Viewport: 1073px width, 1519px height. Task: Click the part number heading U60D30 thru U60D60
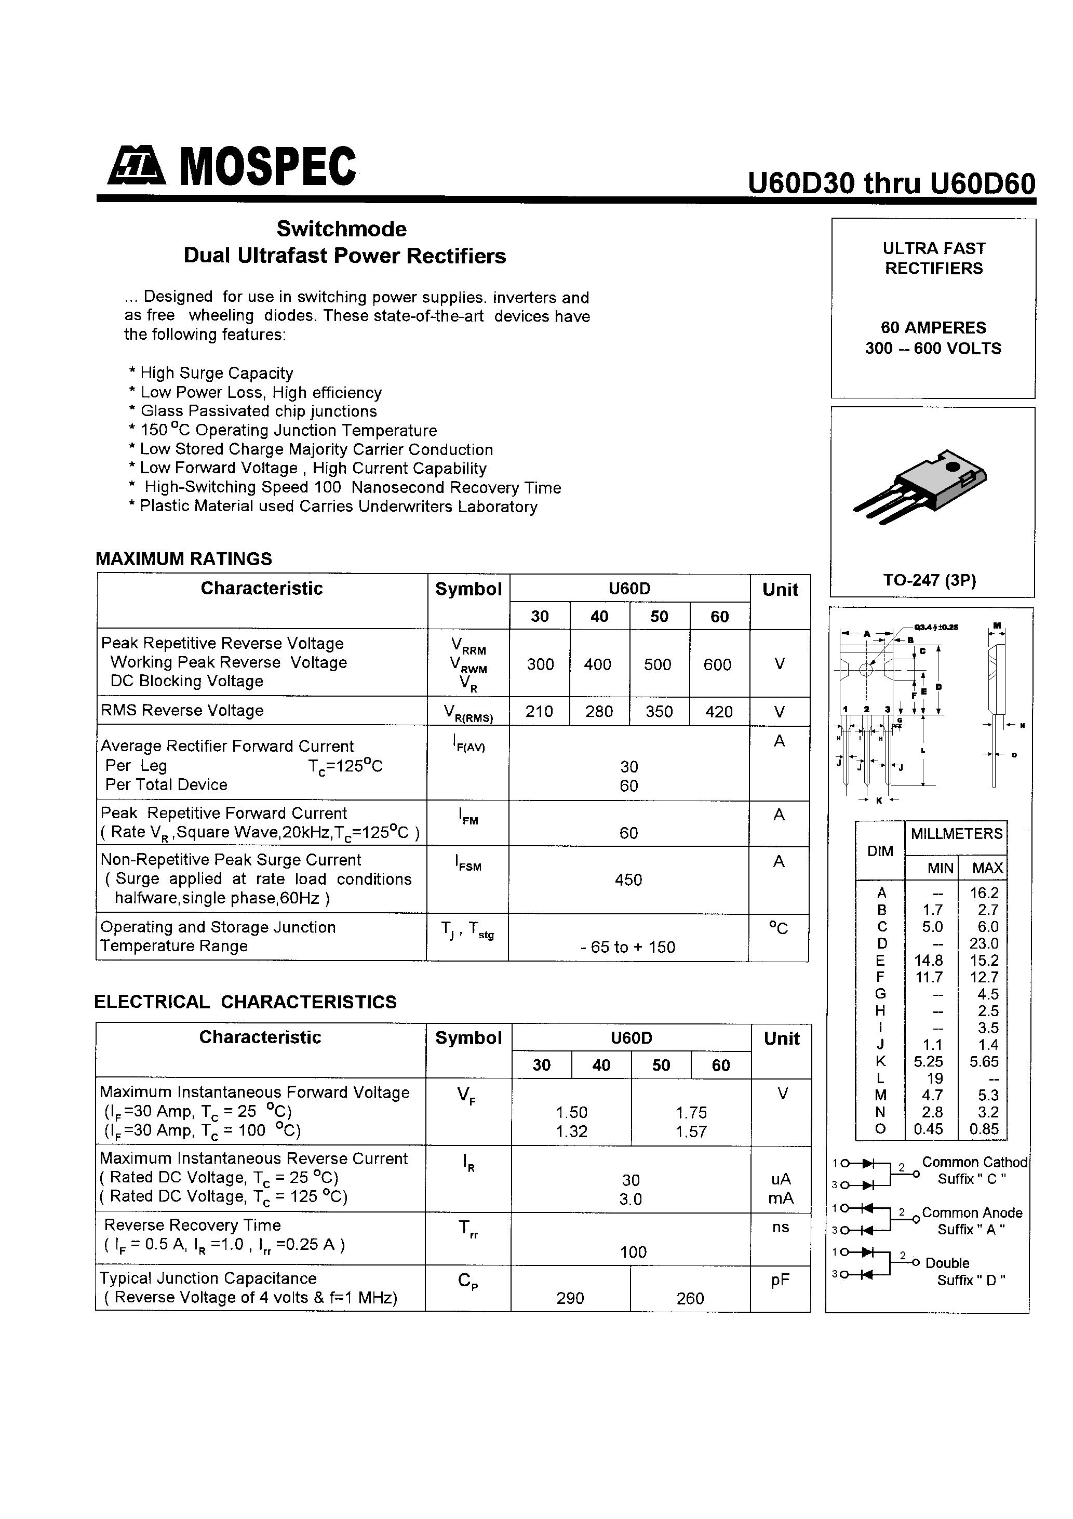pos(891,183)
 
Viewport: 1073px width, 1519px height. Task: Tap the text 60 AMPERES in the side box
pos(933,327)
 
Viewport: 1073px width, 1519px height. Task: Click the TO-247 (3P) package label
pos(930,580)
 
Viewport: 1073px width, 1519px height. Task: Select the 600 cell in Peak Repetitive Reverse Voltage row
pos(717,664)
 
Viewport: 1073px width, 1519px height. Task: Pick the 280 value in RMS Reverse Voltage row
pos(599,711)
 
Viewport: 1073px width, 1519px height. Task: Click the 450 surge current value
pos(628,880)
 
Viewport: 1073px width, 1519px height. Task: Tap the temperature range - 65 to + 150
pos(628,947)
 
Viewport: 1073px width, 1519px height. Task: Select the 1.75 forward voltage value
pos(691,1112)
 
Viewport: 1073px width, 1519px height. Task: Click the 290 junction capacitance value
pos(570,1298)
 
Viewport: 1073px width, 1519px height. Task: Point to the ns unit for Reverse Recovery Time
pos(781,1227)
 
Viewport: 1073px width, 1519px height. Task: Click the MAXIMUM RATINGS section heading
pos(184,559)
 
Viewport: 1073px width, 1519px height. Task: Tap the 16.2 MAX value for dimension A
pos(984,892)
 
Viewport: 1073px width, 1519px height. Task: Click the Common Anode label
pos(972,1212)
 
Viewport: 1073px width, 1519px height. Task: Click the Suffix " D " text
pos(971,1280)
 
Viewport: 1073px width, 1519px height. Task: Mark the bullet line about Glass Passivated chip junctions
pos(253,411)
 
